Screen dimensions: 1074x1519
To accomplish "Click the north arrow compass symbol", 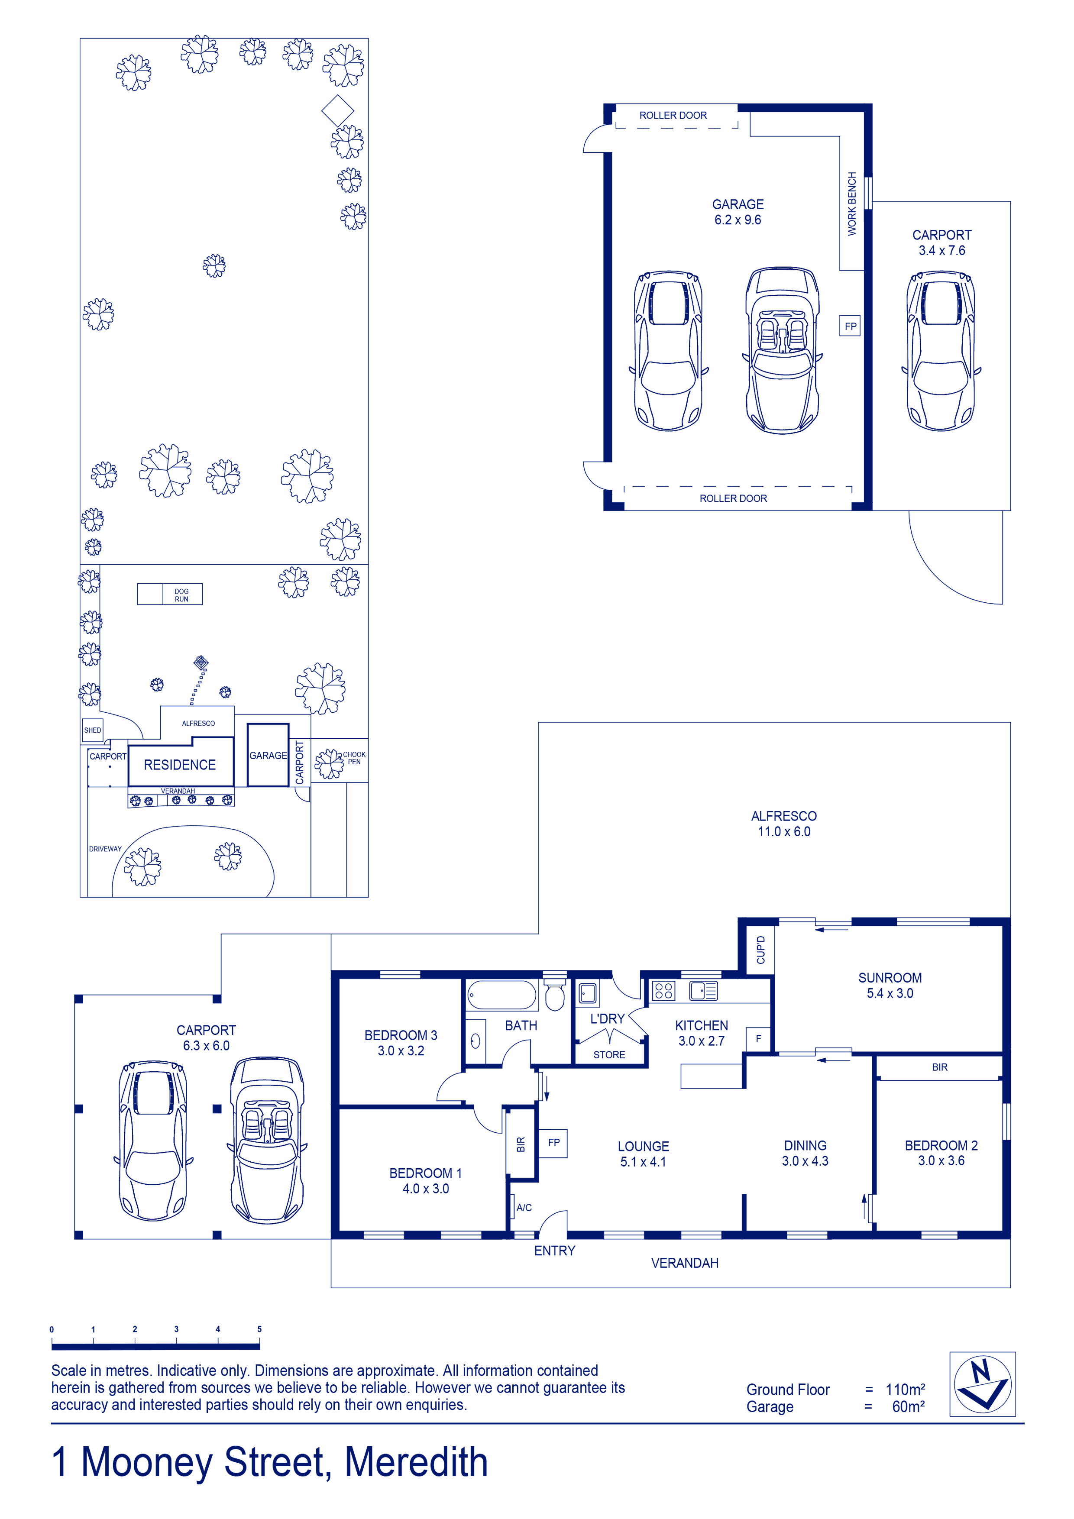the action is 982,1384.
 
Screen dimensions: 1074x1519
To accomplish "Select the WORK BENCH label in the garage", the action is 852,204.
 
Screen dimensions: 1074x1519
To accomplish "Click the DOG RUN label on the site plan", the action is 181,595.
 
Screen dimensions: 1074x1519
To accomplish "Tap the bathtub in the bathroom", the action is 501,995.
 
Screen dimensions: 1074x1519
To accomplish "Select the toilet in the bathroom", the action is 554,995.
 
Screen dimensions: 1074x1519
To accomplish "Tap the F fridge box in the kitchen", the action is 758,1039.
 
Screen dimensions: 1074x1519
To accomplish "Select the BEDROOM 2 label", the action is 941,1145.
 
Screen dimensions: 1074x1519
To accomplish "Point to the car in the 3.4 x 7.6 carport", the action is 940,351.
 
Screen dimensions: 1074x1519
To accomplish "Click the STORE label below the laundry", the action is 609,1054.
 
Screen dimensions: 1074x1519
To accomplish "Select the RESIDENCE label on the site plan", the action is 180,765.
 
